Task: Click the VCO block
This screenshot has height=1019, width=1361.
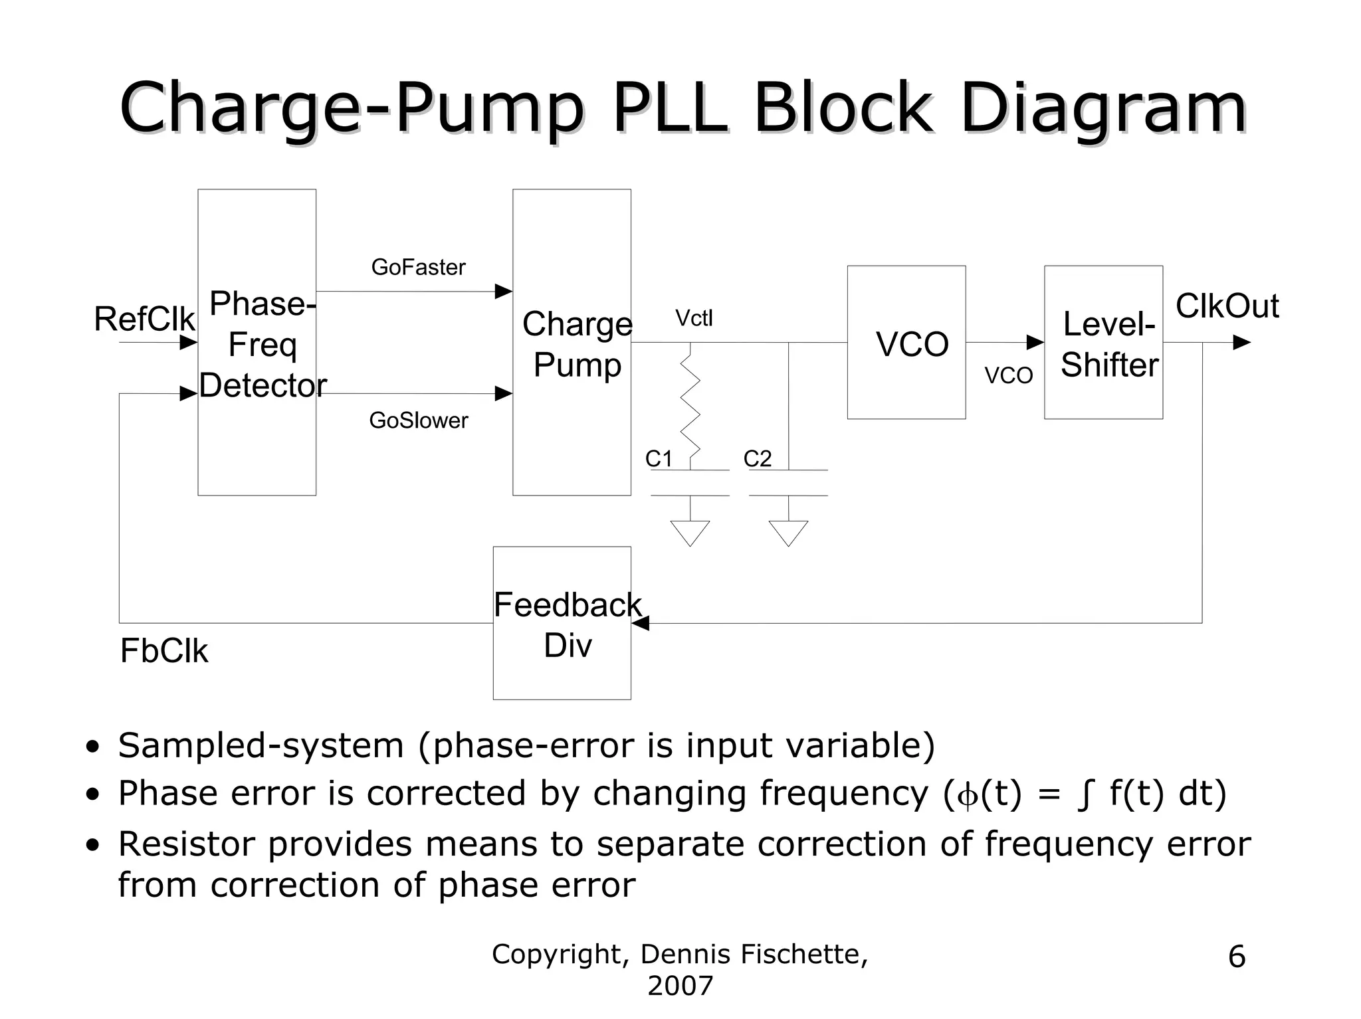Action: (906, 343)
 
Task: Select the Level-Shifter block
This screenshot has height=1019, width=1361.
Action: (1103, 343)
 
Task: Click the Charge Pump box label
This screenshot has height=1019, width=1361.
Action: (577, 344)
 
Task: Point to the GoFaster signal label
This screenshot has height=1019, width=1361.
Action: (418, 267)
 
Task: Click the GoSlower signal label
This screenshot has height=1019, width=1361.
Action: (418, 420)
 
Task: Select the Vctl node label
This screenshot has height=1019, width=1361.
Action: (694, 319)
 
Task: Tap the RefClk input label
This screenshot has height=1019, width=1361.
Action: (144, 320)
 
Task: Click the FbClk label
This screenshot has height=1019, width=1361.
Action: (163, 651)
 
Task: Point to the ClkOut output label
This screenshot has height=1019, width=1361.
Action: (1227, 306)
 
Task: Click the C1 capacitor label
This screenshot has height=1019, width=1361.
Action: (659, 459)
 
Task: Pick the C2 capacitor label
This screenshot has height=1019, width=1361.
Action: (757, 459)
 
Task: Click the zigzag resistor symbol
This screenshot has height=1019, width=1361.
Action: (690, 405)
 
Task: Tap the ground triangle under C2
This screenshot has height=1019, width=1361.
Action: (788, 533)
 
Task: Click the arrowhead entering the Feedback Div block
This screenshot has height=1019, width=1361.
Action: (640, 623)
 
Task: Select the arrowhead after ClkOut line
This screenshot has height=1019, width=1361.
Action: (1241, 343)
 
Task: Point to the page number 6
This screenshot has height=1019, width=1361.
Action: (1236, 957)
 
